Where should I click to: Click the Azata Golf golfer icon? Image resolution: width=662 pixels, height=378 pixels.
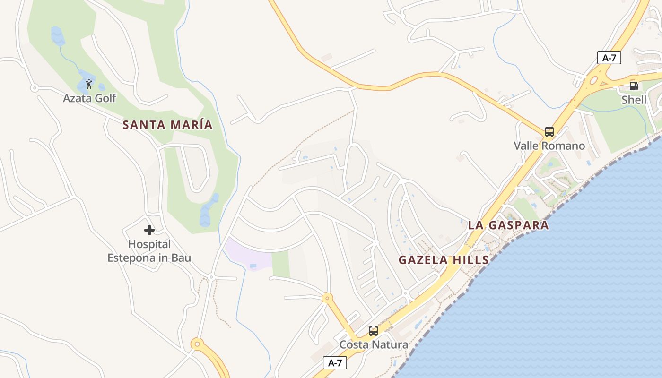tap(89, 85)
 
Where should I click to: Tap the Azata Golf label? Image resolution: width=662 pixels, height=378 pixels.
tap(89, 98)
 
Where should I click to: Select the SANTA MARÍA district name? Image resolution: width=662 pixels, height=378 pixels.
tap(167, 125)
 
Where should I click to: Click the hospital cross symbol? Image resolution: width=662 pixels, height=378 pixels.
tap(149, 230)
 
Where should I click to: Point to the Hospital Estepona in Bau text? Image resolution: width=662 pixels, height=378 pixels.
tap(149, 251)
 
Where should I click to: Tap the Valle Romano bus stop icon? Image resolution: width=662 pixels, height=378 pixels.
tap(549, 132)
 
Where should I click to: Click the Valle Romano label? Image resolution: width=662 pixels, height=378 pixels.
tap(549, 146)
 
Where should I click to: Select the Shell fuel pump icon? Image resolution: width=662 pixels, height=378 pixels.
tap(634, 86)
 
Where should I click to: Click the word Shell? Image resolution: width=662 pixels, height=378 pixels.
tap(634, 100)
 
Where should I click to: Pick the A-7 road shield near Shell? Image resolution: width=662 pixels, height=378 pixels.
tap(609, 58)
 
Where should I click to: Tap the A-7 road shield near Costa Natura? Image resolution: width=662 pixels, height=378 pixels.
tap(335, 363)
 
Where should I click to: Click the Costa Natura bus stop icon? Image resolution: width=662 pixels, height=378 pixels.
tap(374, 331)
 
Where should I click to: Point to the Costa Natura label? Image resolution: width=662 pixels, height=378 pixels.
tap(374, 344)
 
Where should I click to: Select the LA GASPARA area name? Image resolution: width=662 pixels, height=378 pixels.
tap(508, 225)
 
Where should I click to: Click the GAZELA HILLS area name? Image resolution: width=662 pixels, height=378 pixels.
tap(444, 260)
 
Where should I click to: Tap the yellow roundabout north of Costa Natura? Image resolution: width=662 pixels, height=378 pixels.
tap(327, 298)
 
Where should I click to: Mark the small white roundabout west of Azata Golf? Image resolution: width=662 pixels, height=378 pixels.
tap(34, 88)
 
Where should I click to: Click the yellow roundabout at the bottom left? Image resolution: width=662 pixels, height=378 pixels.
tap(197, 344)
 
